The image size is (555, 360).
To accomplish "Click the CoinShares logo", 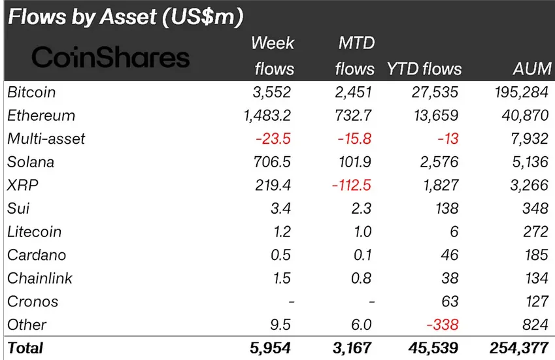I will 110,58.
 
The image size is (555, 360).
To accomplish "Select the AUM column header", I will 533,69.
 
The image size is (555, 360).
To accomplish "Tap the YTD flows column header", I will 424,69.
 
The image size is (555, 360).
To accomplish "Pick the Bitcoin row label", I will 31,92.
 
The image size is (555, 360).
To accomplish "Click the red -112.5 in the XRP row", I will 352,185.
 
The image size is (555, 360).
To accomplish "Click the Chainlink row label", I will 40,278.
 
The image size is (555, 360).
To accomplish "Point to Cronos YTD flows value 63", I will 450,301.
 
